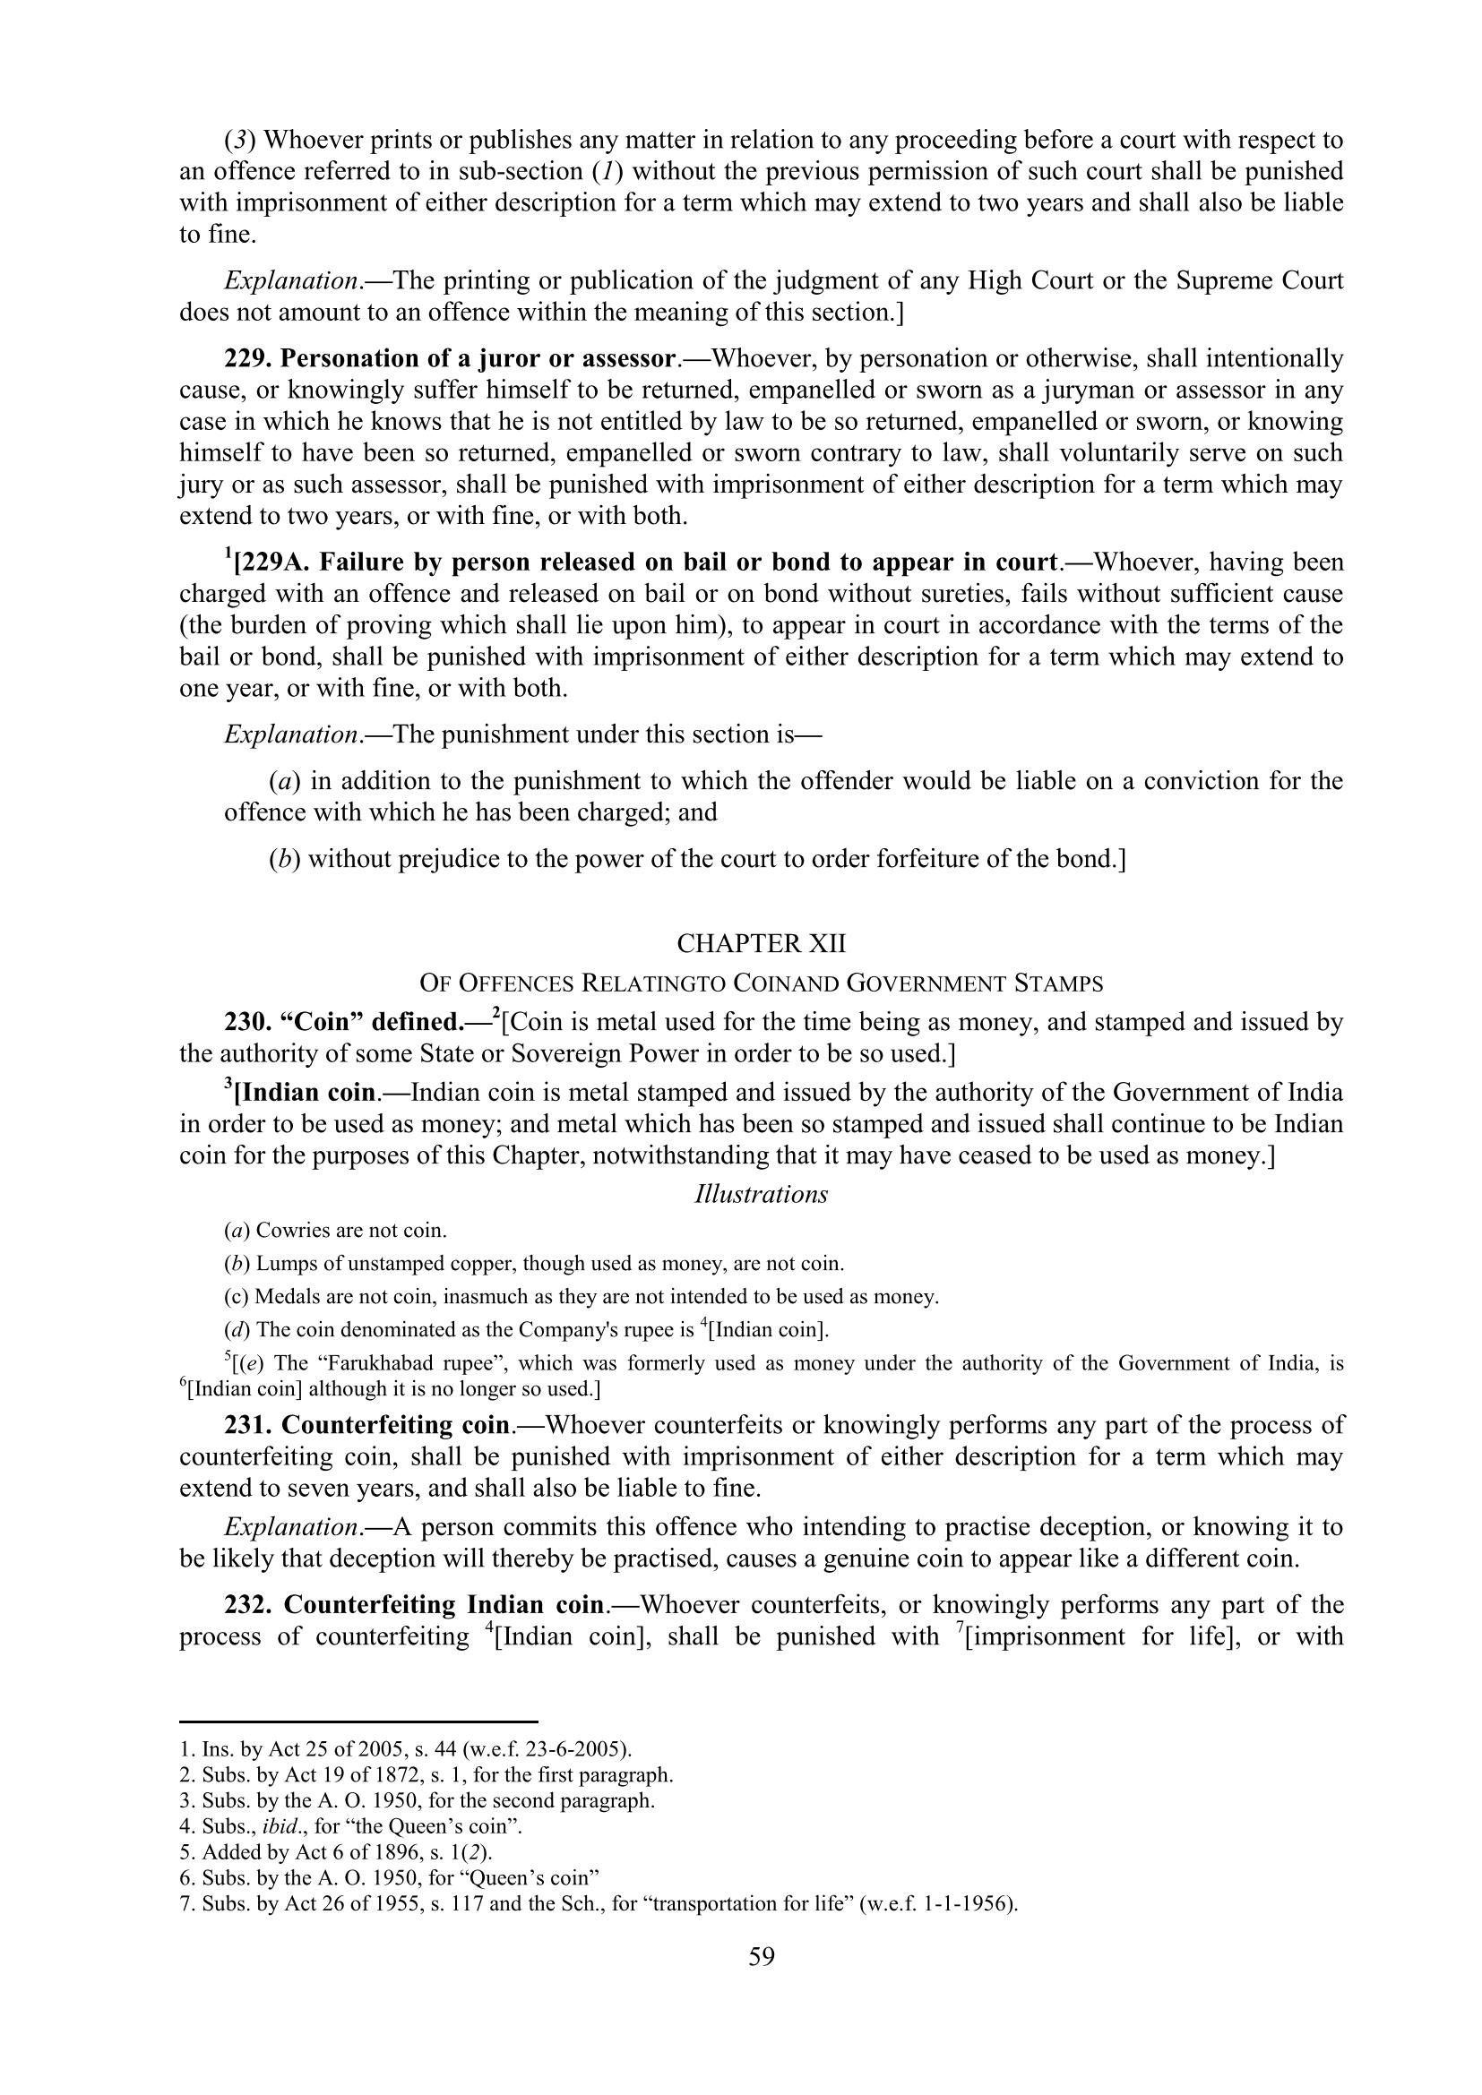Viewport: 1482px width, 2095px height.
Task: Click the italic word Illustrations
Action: (x=761, y=1195)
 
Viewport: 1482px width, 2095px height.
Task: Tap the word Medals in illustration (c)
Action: (x=283, y=1297)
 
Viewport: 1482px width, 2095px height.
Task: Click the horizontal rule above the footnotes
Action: (x=358, y=1722)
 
